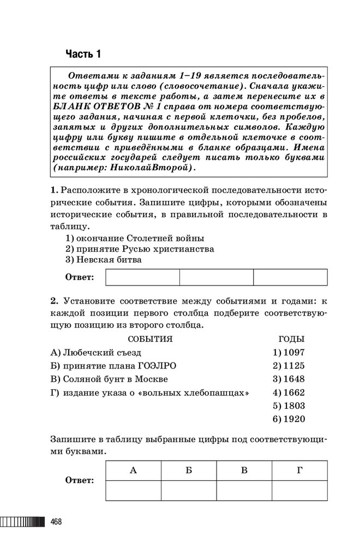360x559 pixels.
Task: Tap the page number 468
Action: tap(56, 522)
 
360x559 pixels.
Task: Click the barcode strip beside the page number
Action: tap(22, 522)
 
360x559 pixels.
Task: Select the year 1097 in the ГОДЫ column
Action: tap(289, 353)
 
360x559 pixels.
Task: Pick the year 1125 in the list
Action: tap(289, 366)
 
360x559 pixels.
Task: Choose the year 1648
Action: tap(289, 379)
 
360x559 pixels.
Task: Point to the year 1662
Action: tap(289, 393)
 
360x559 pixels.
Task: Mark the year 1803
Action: tap(289, 406)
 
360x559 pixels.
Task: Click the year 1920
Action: tap(289, 419)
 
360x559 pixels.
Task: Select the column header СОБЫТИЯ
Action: tap(150, 339)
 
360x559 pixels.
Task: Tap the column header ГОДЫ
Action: tap(291, 339)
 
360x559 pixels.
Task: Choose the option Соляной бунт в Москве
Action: tap(115, 379)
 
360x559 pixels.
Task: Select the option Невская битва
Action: tap(109, 260)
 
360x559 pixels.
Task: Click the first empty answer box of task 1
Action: tap(142, 277)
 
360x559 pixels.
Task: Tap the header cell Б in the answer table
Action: tap(189, 470)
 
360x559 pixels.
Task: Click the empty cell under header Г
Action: tap(299, 490)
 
